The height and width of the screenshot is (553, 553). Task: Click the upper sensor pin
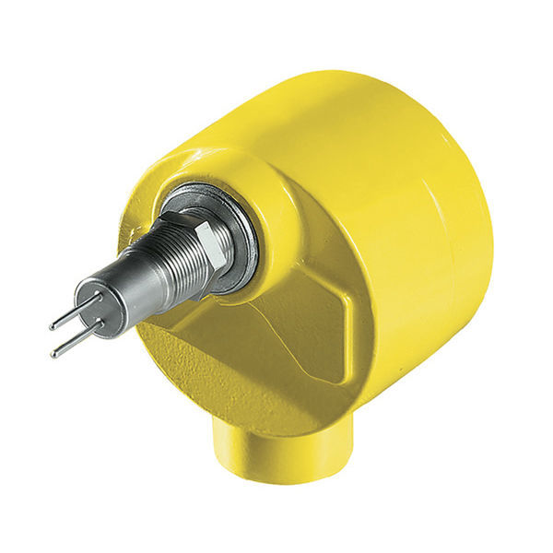click(x=76, y=313)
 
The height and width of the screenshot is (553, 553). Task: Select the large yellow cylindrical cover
click(x=406, y=184)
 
